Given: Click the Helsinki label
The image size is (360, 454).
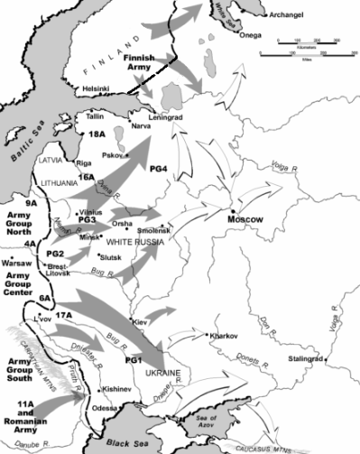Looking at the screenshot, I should point(97,88).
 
